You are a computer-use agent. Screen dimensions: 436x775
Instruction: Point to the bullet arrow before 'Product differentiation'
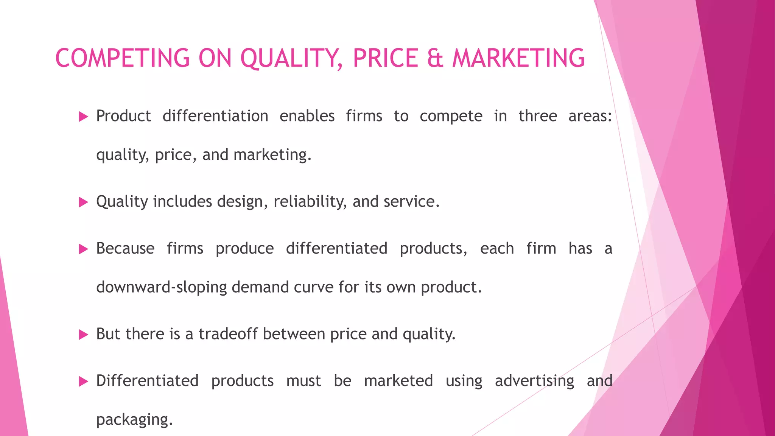click(83, 117)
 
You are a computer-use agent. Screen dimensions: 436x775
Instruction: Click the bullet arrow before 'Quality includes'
click(83, 202)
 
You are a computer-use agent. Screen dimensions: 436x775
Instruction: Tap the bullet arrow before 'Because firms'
click(83, 249)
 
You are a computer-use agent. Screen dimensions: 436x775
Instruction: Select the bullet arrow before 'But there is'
click(83, 335)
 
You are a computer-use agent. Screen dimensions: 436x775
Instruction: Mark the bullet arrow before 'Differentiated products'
click(83, 381)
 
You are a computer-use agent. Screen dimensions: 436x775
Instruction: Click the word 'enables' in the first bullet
click(307, 116)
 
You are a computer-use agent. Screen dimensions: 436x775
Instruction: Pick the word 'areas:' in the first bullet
click(590, 116)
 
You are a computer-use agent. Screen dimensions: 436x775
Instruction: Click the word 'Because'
click(125, 249)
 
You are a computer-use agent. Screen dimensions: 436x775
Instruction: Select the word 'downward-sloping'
click(162, 287)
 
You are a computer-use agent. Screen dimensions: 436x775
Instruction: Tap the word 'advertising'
click(534, 381)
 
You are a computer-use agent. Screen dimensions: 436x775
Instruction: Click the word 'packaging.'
click(134, 420)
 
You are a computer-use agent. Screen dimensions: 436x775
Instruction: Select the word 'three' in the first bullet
click(537, 116)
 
